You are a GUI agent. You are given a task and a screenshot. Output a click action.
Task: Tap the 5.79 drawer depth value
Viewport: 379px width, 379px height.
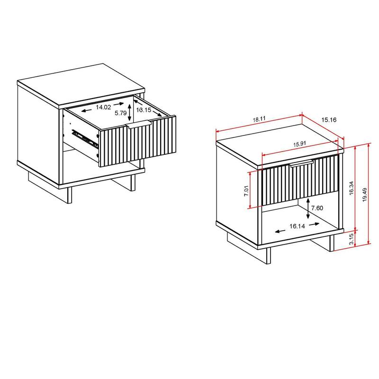point(120,114)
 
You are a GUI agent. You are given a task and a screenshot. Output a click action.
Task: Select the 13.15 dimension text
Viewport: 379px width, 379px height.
point(144,110)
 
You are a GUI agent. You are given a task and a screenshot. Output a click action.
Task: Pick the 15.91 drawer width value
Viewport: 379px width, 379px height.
point(299,144)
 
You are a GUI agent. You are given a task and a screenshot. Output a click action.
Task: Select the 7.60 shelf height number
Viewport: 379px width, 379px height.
point(319,208)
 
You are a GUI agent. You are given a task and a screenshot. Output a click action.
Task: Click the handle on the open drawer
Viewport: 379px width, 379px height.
point(139,125)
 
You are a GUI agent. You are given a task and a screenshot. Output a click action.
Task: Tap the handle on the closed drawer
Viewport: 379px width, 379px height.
point(302,164)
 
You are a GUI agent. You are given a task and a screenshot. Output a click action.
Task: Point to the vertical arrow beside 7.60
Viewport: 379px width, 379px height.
point(308,208)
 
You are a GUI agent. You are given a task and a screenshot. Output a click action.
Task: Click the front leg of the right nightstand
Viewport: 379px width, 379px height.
point(268,256)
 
